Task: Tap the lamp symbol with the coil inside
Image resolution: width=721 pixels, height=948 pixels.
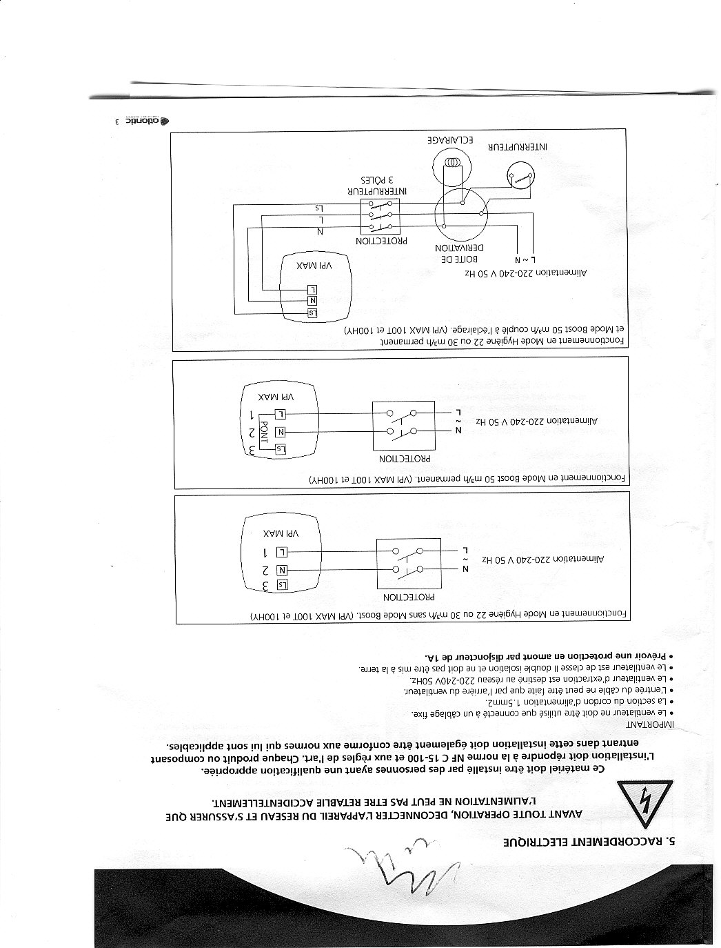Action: click(451, 164)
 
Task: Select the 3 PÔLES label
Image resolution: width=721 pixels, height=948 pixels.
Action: click(379, 178)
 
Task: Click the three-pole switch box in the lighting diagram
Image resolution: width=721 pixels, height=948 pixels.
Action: click(380, 216)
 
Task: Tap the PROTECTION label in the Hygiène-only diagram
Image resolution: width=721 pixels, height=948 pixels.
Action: click(408, 595)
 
